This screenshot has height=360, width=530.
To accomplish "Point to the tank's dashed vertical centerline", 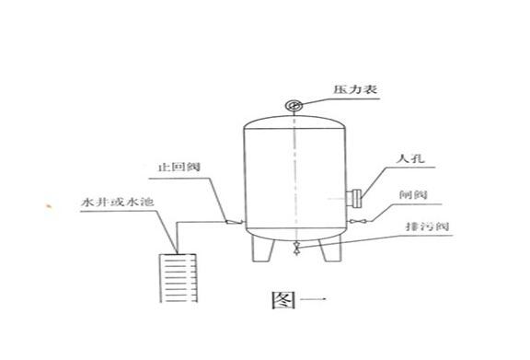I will tap(294, 175).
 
